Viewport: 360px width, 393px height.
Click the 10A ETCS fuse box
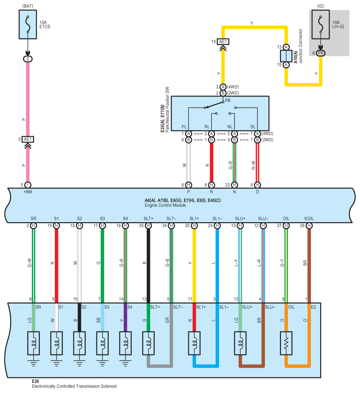click(x=28, y=24)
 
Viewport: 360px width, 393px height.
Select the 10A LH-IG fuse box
click(x=320, y=24)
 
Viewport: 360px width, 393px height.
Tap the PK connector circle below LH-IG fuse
click(x=320, y=53)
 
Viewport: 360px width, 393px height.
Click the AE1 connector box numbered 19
click(x=223, y=42)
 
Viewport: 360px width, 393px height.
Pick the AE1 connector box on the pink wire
click(x=28, y=139)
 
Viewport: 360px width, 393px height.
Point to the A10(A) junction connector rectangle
click(x=286, y=56)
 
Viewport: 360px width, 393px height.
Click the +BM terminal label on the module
click(x=28, y=192)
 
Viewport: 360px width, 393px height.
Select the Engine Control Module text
click(x=165, y=205)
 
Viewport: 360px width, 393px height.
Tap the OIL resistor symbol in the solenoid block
click(x=286, y=343)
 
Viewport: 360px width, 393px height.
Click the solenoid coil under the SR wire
click(x=34, y=343)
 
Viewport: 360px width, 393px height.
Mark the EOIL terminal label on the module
click(x=309, y=219)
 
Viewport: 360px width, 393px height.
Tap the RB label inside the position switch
click(x=228, y=100)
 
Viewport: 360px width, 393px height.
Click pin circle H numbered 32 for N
click(x=234, y=185)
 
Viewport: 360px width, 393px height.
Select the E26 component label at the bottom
click(x=35, y=381)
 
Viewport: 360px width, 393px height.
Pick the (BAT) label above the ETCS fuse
click(x=27, y=6)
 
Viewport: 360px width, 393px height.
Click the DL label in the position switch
click(x=253, y=127)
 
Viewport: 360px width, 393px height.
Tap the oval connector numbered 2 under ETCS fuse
click(x=28, y=59)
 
